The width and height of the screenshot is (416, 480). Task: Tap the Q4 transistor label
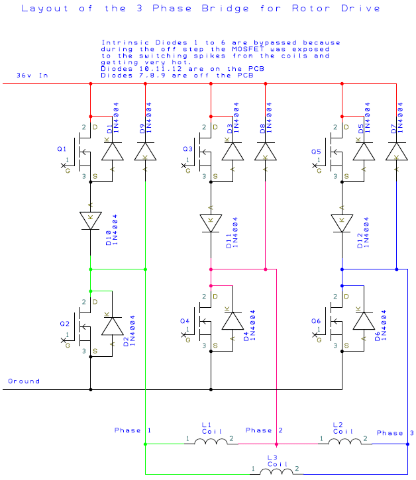[x=185, y=321]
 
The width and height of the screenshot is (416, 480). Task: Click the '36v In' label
[x=32, y=76]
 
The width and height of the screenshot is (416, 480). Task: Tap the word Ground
[x=24, y=381]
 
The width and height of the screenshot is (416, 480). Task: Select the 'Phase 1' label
[x=132, y=430]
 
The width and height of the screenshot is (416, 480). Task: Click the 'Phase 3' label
[x=395, y=433]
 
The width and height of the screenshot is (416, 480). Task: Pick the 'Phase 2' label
[x=264, y=430]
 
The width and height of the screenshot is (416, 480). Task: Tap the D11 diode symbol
[x=211, y=222]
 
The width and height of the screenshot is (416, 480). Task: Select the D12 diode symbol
[x=342, y=222]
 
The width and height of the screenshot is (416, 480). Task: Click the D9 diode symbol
[x=145, y=152]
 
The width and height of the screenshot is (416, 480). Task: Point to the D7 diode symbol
[x=396, y=152]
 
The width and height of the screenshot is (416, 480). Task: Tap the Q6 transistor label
[x=317, y=321]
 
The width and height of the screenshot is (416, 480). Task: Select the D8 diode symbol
[x=265, y=152]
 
